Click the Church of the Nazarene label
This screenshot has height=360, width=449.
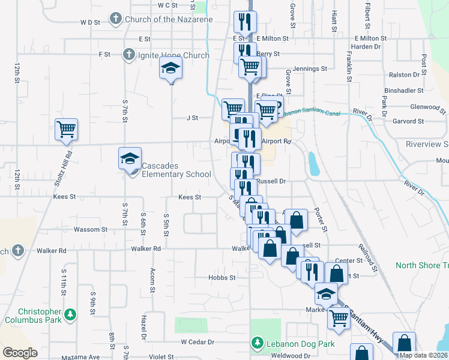[x=169, y=19]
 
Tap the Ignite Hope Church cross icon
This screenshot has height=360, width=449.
[x=127, y=55]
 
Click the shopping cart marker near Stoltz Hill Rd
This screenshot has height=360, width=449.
[x=66, y=129]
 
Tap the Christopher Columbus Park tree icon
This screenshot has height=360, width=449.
[x=70, y=314]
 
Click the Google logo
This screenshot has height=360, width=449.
[x=20, y=353]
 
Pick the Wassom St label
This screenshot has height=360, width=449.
[x=90, y=229]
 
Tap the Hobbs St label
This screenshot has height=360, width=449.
[x=221, y=278]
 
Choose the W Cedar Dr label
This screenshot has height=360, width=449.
[x=197, y=342]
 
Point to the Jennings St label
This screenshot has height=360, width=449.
[x=312, y=69]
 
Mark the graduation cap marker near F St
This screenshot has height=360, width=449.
[x=170, y=70]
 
